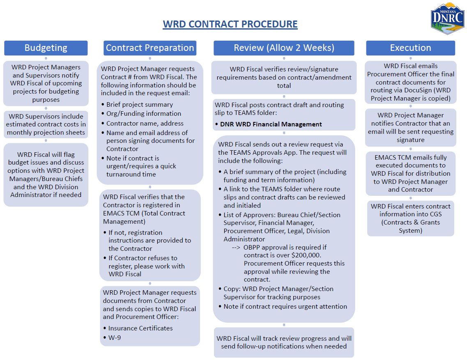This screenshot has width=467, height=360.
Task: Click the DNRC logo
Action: click(447, 18)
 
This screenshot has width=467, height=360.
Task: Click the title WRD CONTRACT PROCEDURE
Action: click(230, 24)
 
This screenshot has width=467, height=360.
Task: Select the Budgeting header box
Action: click(46, 48)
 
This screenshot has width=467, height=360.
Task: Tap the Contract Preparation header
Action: click(150, 48)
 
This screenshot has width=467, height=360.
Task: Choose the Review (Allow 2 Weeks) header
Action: click(284, 48)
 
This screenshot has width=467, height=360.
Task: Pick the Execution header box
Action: click(410, 48)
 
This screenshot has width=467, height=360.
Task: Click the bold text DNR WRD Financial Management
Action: click(271, 124)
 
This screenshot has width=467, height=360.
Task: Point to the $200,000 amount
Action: click(311, 247)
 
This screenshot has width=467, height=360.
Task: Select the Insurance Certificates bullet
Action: click(140, 328)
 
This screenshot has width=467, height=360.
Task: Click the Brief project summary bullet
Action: click(140, 104)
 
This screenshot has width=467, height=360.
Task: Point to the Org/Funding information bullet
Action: click(144, 114)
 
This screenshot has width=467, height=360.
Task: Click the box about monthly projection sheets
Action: click(46, 124)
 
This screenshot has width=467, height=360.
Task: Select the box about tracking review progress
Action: click(284, 342)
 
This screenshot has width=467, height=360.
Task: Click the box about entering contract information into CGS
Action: click(410, 218)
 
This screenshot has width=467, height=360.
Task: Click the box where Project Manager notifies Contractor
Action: click(410, 127)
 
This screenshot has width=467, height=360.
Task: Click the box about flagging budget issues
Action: click(46, 174)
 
